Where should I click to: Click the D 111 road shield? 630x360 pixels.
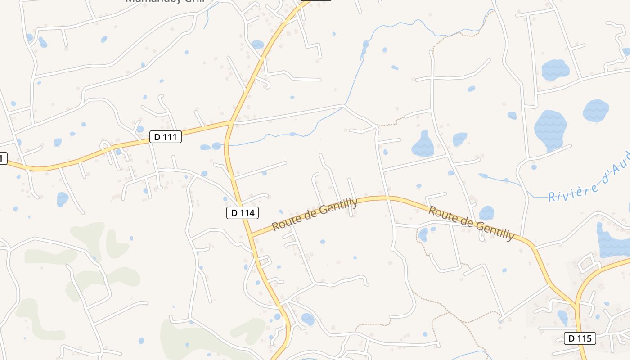point(165,137)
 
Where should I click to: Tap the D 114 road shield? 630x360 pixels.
point(243,213)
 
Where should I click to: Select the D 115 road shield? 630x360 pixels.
point(580,338)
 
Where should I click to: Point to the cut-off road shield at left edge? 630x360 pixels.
point(3,158)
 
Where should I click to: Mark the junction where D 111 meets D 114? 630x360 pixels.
point(231,122)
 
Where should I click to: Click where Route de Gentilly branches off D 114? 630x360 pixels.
point(252,235)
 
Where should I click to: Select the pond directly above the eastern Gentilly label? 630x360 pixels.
point(486,212)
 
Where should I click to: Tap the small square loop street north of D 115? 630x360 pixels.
point(587,262)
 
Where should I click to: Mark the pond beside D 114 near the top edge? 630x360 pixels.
point(257,45)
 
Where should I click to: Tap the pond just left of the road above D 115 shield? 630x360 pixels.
point(562,317)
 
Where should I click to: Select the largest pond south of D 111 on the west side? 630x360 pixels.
point(62,198)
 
